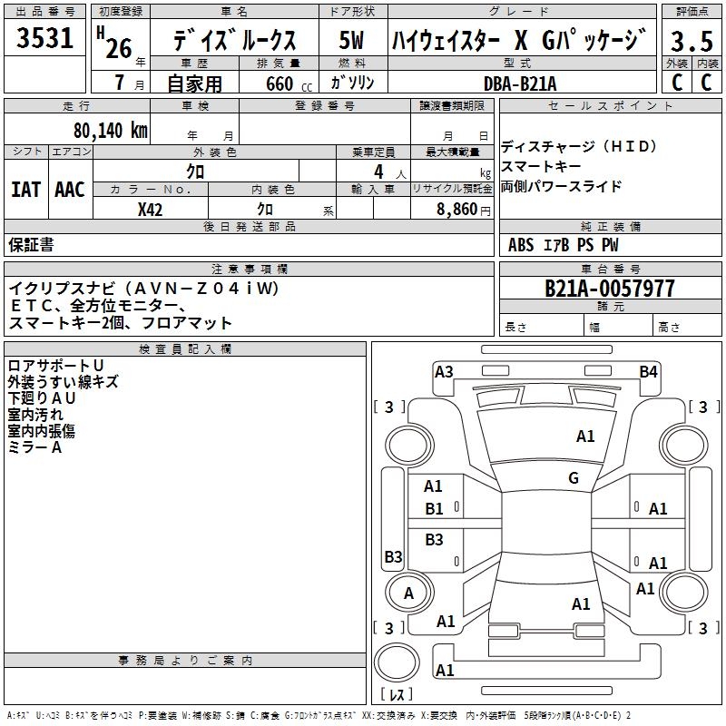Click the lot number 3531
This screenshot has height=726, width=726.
(x=45, y=40)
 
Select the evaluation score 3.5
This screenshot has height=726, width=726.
(x=691, y=42)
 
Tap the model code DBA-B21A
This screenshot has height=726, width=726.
(x=520, y=83)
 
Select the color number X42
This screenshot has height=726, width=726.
(x=151, y=209)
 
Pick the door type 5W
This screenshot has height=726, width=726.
(x=352, y=41)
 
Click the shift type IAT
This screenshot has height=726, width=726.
(x=25, y=190)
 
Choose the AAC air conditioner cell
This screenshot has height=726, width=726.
(x=70, y=190)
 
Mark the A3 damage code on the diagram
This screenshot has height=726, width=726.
(x=444, y=371)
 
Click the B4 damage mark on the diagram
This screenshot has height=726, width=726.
(x=648, y=371)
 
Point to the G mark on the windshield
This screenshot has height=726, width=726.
(x=573, y=478)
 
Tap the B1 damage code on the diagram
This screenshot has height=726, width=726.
(x=435, y=509)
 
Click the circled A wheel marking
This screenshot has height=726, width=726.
(x=408, y=594)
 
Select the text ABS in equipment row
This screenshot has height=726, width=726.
(x=521, y=245)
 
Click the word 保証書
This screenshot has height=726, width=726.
(x=31, y=245)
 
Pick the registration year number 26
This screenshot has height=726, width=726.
(x=118, y=47)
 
